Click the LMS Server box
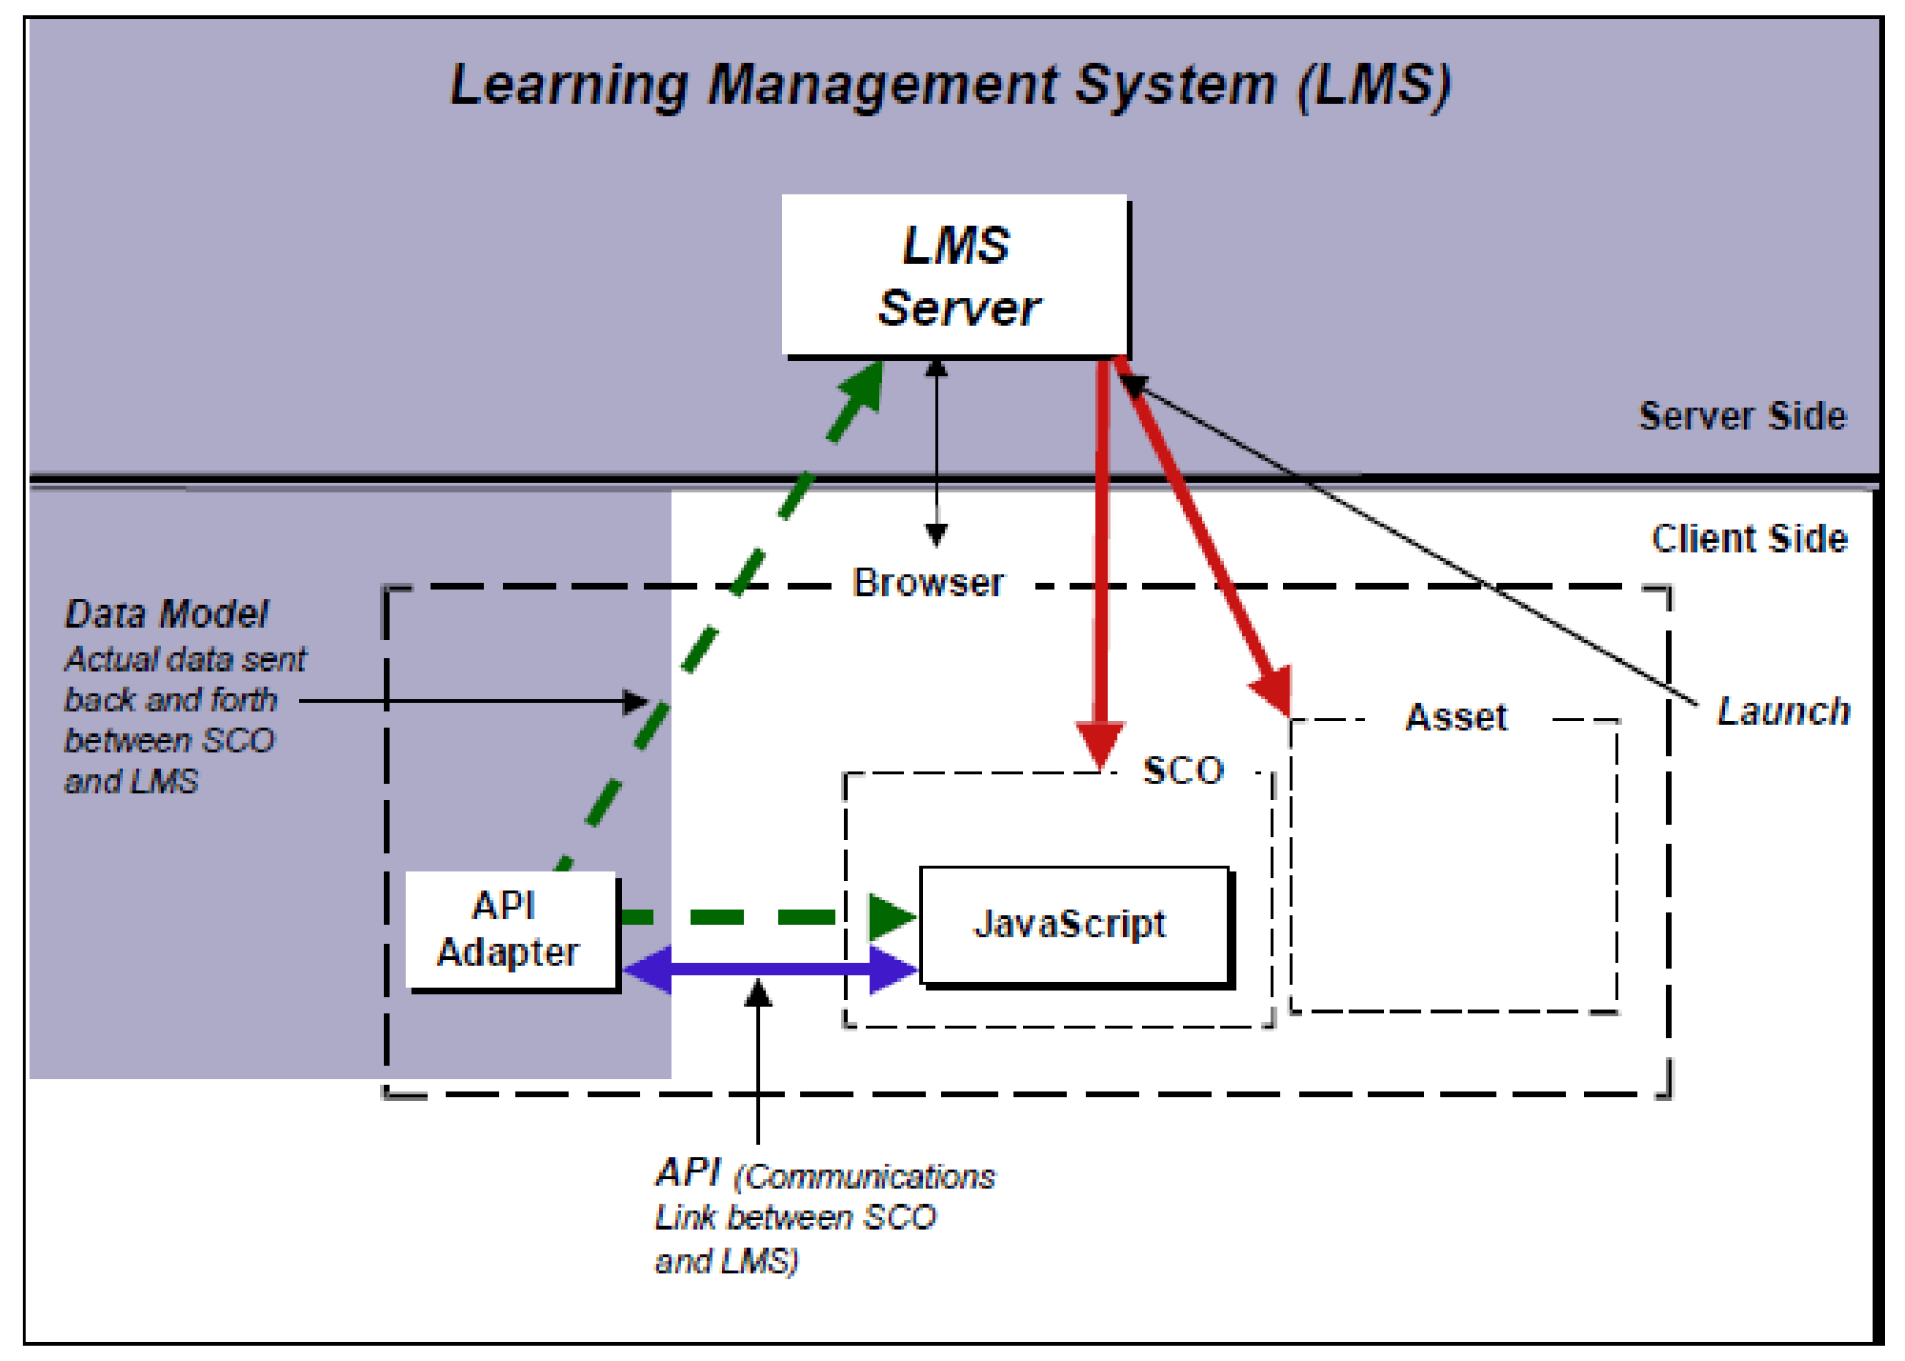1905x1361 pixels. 954,276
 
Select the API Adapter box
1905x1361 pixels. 511,931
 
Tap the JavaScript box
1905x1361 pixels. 1073,925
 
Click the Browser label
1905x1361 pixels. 928,583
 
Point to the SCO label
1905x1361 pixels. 1183,771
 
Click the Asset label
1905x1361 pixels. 1456,717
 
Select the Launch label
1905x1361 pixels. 1783,711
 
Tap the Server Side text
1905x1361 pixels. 1742,416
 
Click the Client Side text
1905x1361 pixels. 1750,539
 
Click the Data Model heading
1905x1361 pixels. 167,614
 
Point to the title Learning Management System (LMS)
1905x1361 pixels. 950,86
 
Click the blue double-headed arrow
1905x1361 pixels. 770,970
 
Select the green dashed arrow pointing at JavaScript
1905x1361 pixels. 762,917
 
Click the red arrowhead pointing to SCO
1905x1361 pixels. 1101,743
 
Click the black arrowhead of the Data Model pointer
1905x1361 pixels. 635,702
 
